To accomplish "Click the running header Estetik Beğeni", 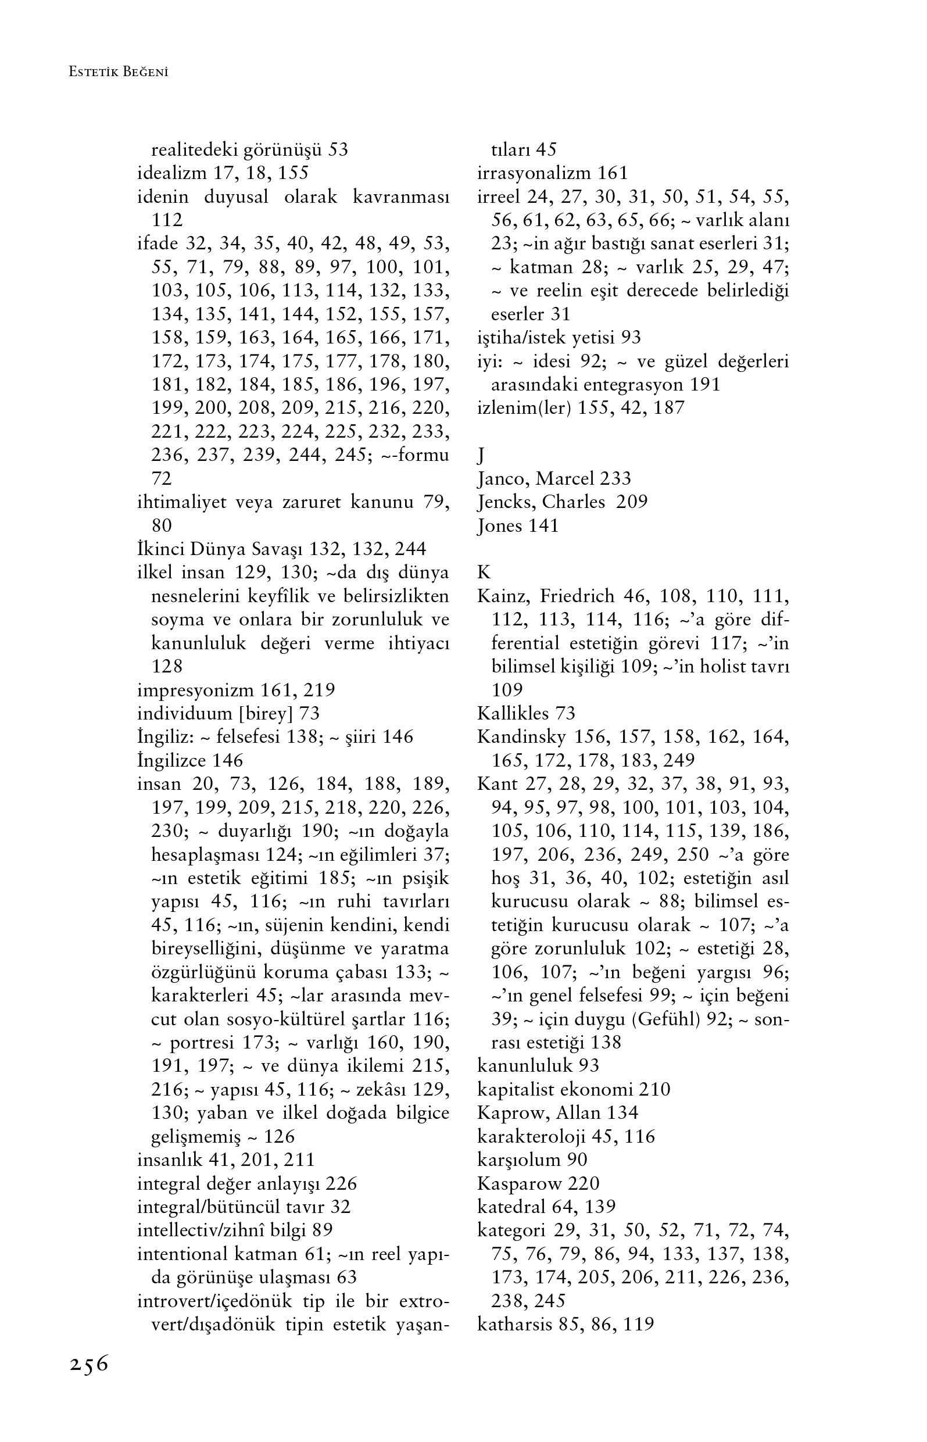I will pos(119,72).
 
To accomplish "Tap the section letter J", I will pos(481,456).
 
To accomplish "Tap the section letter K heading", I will pos(484,572).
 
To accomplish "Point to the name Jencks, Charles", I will pos(541,502).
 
